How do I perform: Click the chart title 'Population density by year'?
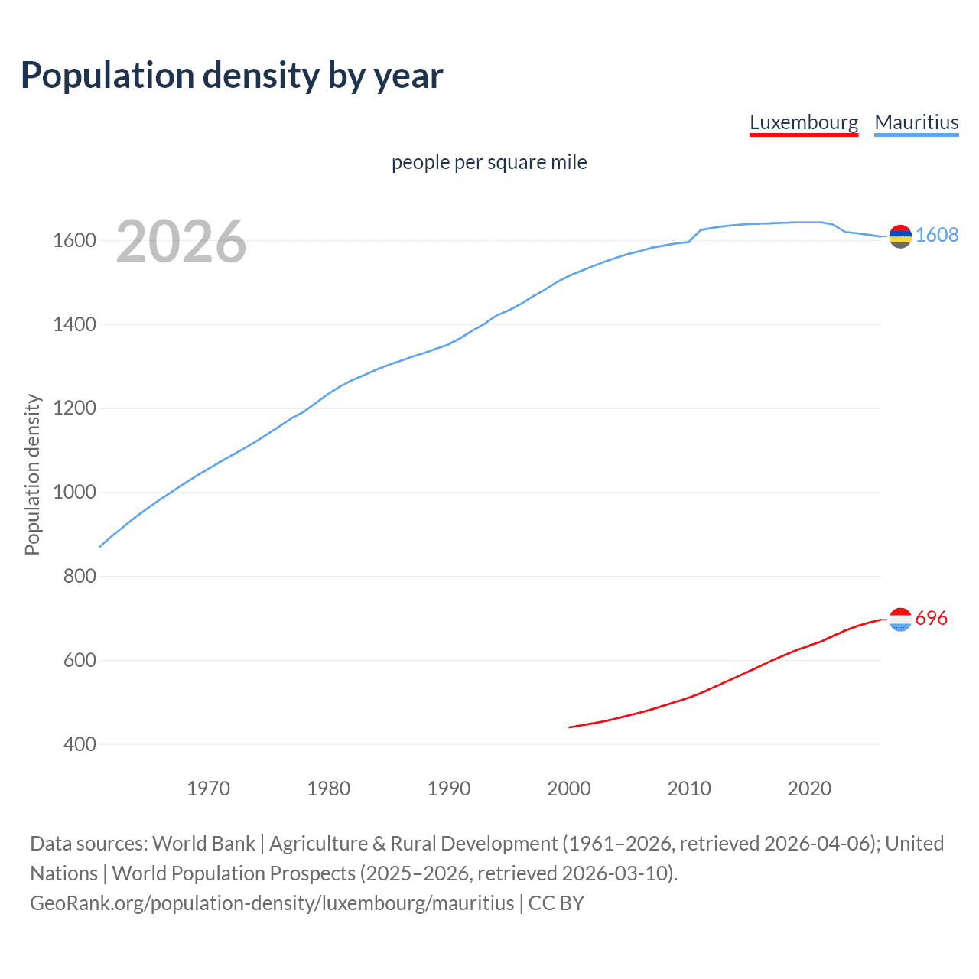tap(232, 76)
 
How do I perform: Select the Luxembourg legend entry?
tap(803, 122)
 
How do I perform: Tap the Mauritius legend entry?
tap(916, 122)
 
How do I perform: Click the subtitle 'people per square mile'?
tap(489, 162)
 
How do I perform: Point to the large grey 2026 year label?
tap(181, 242)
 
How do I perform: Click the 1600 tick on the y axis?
tap(74, 240)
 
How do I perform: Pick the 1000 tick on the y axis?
tap(74, 492)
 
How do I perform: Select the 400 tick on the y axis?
tap(79, 744)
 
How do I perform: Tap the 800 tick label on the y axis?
tap(79, 576)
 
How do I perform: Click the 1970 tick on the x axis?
tap(208, 789)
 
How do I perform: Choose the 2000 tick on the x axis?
tap(568, 789)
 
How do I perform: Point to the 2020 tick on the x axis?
tap(809, 789)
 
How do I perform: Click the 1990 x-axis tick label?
tap(449, 789)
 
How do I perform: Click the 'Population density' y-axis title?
tap(32, 474)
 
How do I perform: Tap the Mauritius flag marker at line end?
tap(900, 236)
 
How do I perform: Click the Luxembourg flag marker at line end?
tap(900, 620)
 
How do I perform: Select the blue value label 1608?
tap(937, 235)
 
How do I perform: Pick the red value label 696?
tap(931, 618)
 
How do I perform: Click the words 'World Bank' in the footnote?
tap(203, 844)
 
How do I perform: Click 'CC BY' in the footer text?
tap(556, 903)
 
